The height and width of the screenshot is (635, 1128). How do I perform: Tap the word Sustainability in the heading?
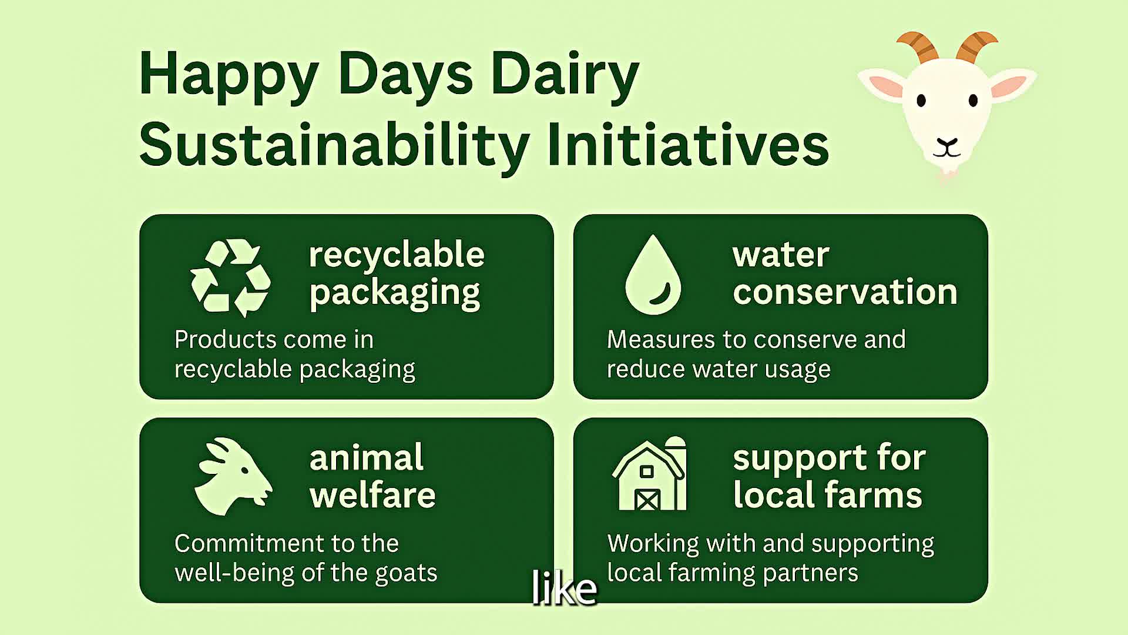pos(334,145)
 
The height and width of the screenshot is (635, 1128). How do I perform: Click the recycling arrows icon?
pos(230,278)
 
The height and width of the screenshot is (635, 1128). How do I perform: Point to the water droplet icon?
pos(653,275)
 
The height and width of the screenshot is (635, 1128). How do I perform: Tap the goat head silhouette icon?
pos(233,476)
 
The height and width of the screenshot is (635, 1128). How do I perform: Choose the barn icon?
pos(649,474)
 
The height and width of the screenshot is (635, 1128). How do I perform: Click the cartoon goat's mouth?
pos(947,148)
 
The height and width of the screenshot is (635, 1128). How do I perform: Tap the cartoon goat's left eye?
pos(921,101)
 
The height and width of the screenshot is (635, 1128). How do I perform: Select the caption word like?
pos(564,587)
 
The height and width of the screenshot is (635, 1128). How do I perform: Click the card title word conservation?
pos(845,292)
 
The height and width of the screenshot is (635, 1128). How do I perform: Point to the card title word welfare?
pos(372,494)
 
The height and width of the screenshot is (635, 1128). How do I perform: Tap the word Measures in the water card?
pos(661,339)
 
